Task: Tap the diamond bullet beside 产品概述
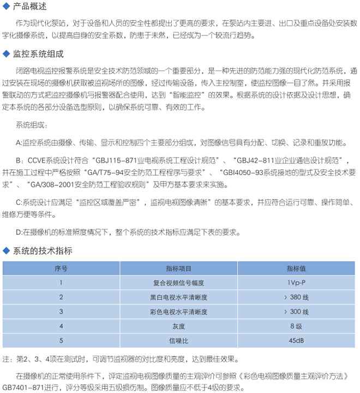6,8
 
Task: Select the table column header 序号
61,269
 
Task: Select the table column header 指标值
297,269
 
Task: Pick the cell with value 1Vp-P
297,282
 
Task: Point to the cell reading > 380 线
297,297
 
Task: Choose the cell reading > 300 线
297,312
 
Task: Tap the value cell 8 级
297,326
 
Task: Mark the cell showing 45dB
297,341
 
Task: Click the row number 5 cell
61,341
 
